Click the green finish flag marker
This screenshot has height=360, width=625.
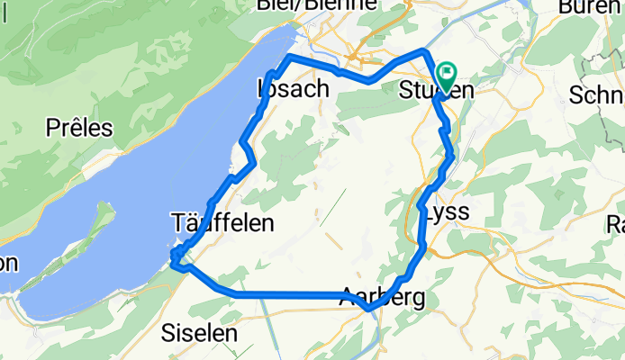(446, 73)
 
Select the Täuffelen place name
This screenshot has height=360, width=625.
(222, 223)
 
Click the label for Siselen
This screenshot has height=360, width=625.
(199, 332)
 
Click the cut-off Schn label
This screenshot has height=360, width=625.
(596, 96)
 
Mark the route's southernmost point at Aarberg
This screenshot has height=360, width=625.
(368, 310)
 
